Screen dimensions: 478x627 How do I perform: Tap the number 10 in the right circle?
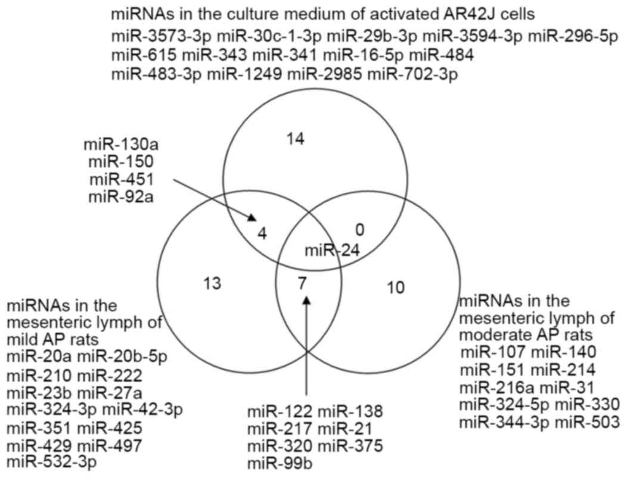(x=395, y=288)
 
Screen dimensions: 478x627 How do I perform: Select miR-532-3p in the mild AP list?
(x=45, y=461)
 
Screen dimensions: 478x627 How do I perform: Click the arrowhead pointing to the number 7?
(x=306, y=301)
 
